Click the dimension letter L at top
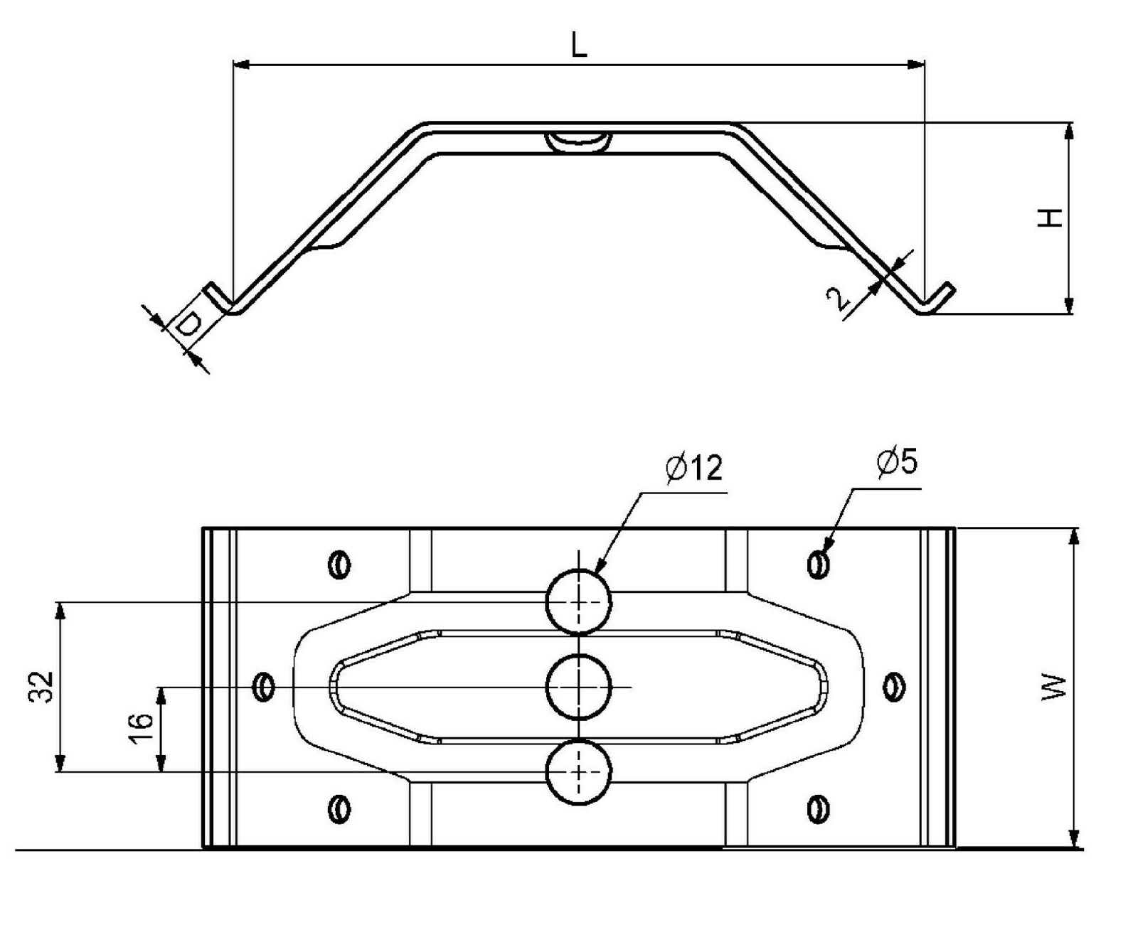[579, 46]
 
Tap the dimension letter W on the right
[1055, 688]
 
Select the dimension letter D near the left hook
[187, 326]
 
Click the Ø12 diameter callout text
[694, 468]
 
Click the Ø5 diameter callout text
[897, 462]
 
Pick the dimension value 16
[142, 729]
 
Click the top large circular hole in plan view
[579, 601]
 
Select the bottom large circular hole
[579, 772]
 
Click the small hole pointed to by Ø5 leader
[819, 564]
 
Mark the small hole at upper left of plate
[339, 565]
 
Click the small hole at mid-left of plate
[264, 687]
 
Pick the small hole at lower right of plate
[819, 809]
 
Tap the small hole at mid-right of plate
[894, 687]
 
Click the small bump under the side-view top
[579, 141]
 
